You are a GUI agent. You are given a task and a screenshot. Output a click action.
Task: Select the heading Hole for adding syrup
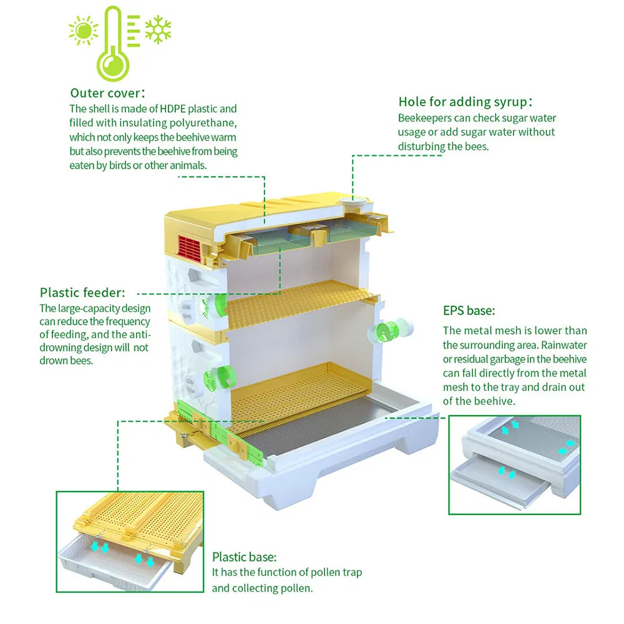[465, 102]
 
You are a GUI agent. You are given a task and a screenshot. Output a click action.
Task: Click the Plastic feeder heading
[82, 292]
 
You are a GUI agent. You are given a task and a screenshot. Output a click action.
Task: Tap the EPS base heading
[469, 310]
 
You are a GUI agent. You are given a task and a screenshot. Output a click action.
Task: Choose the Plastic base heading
[244, 557]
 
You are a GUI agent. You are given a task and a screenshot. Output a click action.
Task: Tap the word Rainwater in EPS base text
[563, 344]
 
